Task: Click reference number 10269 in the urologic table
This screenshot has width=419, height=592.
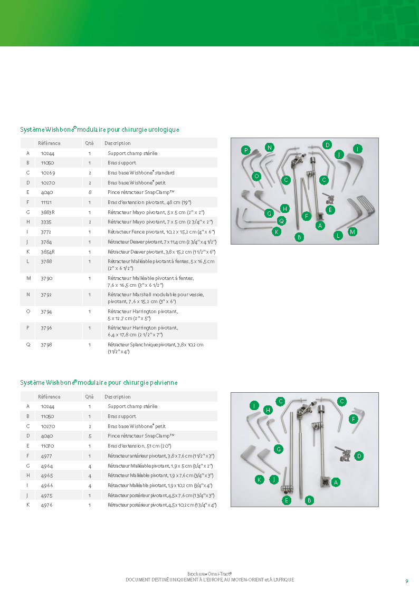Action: coord(48,173)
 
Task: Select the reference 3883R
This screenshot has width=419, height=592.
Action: coord(48,212)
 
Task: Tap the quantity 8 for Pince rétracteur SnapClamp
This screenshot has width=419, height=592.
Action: coord(90,193)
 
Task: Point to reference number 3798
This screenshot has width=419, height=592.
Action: coord(46,345)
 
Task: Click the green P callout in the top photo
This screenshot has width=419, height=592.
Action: coord(245,150)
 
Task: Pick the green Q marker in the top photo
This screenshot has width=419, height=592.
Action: coord(281,221)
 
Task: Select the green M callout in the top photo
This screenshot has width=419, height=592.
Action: coord(353,232)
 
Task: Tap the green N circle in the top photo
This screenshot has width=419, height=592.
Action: coord(269,147)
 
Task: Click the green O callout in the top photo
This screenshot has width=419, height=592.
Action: coord(256,176)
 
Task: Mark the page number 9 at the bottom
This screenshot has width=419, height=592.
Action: coord(406,581)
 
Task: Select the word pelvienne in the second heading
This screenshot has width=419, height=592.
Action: coord(161,383)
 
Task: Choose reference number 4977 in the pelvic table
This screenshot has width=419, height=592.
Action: coord(46,456)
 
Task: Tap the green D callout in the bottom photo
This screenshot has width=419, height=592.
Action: coord(359,455)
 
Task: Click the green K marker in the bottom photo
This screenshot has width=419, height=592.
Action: coord(259,479)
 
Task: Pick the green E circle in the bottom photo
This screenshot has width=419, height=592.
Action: coord(287,500)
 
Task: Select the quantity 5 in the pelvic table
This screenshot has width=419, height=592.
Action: coord(90,436)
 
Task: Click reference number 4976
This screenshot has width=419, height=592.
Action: coord(46,506)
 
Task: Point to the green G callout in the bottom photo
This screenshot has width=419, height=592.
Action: coord(279,449)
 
